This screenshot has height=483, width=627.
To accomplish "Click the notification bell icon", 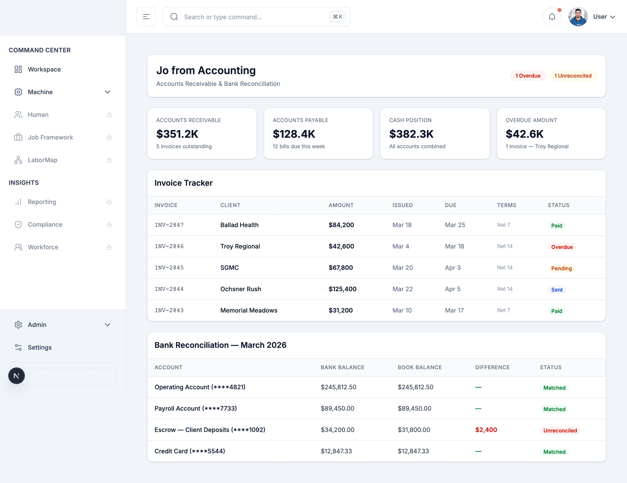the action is click(552, 17).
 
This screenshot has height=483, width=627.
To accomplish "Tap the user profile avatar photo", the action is click(578, 17).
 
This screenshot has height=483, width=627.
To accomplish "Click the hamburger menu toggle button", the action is click(146, 17).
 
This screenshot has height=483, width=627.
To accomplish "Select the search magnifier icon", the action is click(174, 17).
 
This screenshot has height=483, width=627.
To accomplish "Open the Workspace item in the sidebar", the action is click(44, 69).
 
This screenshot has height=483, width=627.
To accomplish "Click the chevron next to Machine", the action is click(107, 92).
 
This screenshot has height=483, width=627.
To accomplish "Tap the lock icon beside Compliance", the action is click(109, 225).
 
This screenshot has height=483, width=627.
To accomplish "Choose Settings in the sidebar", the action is click(39, 347).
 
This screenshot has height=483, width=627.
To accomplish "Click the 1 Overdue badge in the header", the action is click(528, 76).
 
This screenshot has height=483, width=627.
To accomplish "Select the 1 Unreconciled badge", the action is click(573, 76).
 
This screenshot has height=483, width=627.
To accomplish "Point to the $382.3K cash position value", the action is click(411, 134).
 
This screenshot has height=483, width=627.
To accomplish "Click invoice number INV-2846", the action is click(169, 246).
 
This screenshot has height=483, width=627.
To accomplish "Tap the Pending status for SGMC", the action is click(561, 268).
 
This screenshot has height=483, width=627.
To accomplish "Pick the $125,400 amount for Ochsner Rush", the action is click(342, 289).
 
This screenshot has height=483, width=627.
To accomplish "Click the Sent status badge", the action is click(557, 290).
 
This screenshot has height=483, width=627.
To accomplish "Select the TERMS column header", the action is click(506, 205).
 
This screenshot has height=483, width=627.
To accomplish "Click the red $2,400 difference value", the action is click(486, 430).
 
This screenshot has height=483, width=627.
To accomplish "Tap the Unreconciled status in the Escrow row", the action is click(560, 430).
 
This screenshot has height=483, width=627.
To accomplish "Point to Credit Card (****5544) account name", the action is click(190, 451).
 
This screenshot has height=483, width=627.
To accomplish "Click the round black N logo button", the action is click(17, 376).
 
